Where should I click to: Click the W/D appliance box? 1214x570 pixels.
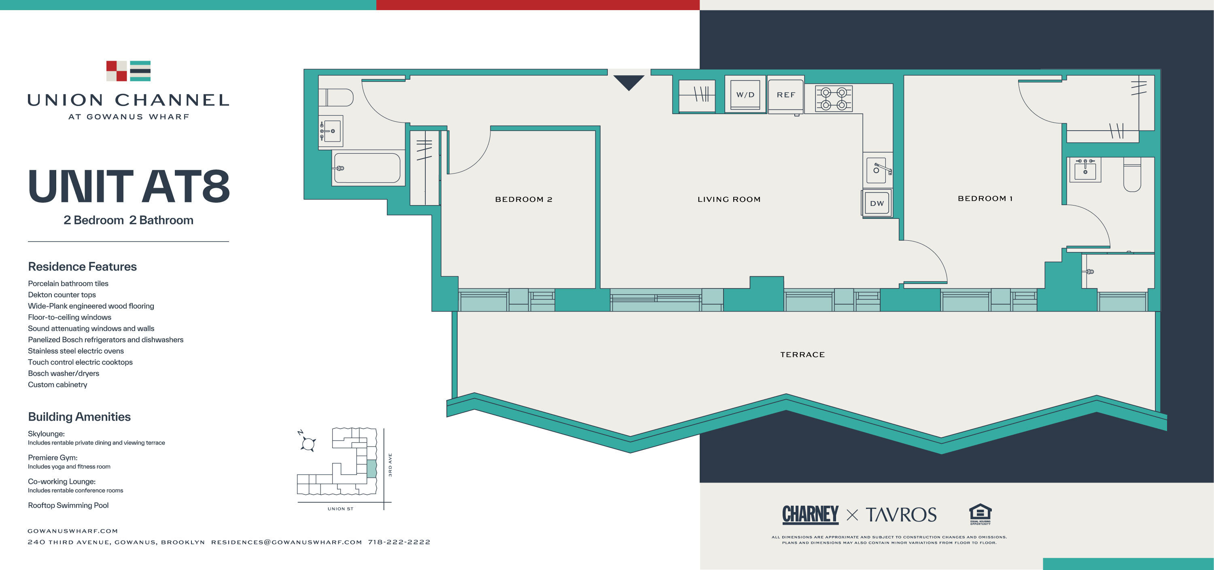[x=745, y=95]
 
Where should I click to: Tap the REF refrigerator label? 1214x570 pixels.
[x=785, y=95]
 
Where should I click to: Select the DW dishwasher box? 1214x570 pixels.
[x=877, y=203]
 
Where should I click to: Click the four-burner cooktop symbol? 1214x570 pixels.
[x=834, y=98]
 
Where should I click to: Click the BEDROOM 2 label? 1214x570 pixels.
[x=524, y=199]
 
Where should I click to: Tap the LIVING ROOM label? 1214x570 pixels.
[x=728, y=199]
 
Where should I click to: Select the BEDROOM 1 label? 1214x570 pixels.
[x=985, y=198]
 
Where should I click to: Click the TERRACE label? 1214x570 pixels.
[x=802, y=355]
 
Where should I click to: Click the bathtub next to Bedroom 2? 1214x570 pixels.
[x=367, y=168]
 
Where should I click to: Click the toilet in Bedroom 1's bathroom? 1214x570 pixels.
[x=1132, y=175]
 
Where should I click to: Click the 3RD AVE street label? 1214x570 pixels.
[x=390, y=465]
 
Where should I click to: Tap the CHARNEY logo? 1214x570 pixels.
[x=810, y=514]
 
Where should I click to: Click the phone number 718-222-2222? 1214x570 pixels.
[x=399, y=542]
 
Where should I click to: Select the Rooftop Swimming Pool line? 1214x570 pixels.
[x=68, y=505]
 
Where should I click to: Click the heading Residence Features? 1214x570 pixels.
[x=83, y=267]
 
